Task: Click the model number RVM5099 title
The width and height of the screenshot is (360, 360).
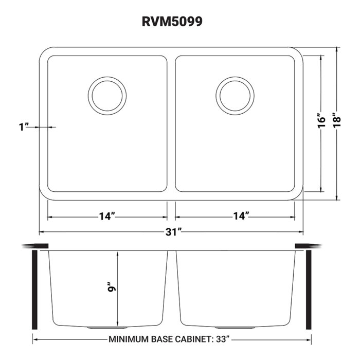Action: [x=180, y=23]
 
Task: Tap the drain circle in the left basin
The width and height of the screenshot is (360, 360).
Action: [x=107, y=96]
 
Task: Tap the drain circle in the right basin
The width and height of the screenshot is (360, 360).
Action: [x=235, y=96]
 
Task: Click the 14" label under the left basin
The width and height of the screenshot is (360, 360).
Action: [x=106, y=217]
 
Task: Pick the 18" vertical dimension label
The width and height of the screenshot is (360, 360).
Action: [x=336, y=121]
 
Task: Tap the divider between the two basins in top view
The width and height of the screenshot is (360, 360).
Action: [x=171, y=123]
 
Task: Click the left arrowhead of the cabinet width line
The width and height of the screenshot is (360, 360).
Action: [x=35, y=339]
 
